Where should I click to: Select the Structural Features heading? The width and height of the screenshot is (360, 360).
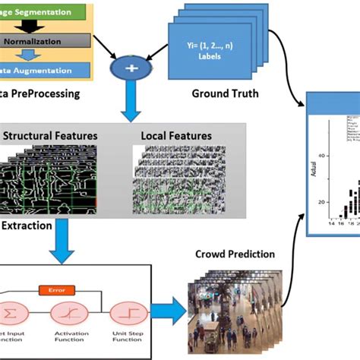[x=51, y=136]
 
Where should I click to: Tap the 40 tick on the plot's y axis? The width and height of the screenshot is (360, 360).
[x=324, y=156]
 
